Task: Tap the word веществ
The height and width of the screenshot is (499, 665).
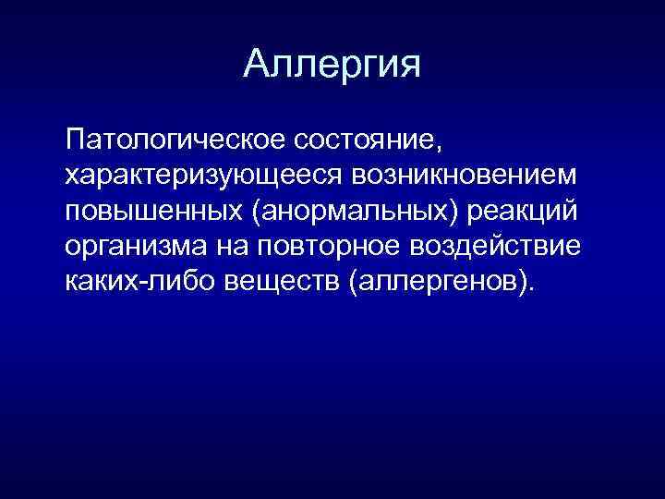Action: point(283,279)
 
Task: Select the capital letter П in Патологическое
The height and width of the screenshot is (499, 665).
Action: point(75,142)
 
